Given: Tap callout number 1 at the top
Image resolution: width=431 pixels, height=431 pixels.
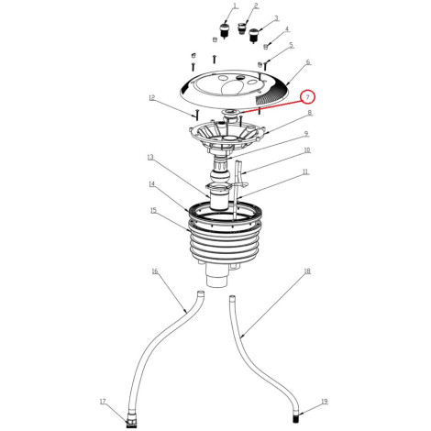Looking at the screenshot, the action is [235, 6].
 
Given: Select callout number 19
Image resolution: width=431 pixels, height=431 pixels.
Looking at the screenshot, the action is [324, 402].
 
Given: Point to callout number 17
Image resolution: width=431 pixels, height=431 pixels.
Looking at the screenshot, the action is [103, 402].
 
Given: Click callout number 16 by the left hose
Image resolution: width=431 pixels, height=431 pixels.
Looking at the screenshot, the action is [155, 271].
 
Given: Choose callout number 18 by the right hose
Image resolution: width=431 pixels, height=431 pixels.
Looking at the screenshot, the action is [307, 271].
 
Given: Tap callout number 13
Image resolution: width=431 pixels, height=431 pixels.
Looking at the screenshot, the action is [150, 158].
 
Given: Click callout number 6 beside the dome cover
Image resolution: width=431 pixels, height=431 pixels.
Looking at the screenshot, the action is [308, 62].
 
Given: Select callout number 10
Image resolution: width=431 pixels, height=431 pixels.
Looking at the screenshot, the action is [306, 150].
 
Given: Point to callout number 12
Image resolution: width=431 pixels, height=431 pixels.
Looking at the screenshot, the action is [151, 98].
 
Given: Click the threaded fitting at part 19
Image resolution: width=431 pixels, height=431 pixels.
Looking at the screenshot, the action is [296, 418].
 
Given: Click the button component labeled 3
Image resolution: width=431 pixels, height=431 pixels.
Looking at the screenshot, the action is [254, 35].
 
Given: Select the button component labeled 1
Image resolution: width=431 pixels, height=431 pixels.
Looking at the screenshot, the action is [225, 30].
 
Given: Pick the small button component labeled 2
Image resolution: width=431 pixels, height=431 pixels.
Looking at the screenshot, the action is [242, 28].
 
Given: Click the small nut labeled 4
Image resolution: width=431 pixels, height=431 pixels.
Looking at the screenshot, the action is [265, 47].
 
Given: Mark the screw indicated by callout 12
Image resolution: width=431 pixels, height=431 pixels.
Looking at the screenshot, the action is [197, 115].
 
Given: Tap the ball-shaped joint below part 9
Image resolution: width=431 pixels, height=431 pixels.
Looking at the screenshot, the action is [219, 176].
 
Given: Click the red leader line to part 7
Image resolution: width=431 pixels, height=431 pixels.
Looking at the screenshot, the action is [272, 106].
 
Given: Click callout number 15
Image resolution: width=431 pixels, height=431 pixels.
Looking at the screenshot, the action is [153, 210].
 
